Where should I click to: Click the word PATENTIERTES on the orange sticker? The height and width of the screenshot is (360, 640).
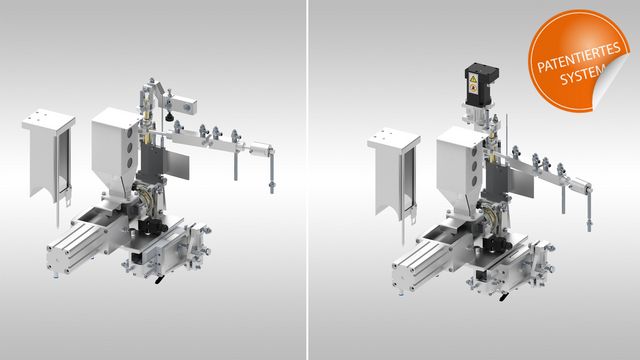click(x=578, y=57)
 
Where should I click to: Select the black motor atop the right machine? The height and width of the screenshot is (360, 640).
click(x=481, y=84)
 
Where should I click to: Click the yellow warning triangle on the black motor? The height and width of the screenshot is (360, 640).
click(x=473, y=78)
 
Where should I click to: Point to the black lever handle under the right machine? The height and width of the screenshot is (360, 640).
click(x=504, y=296)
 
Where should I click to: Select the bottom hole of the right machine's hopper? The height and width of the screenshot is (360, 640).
click(x=475, y=181)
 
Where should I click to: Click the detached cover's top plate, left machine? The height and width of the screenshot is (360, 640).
click(x=49, y=118)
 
